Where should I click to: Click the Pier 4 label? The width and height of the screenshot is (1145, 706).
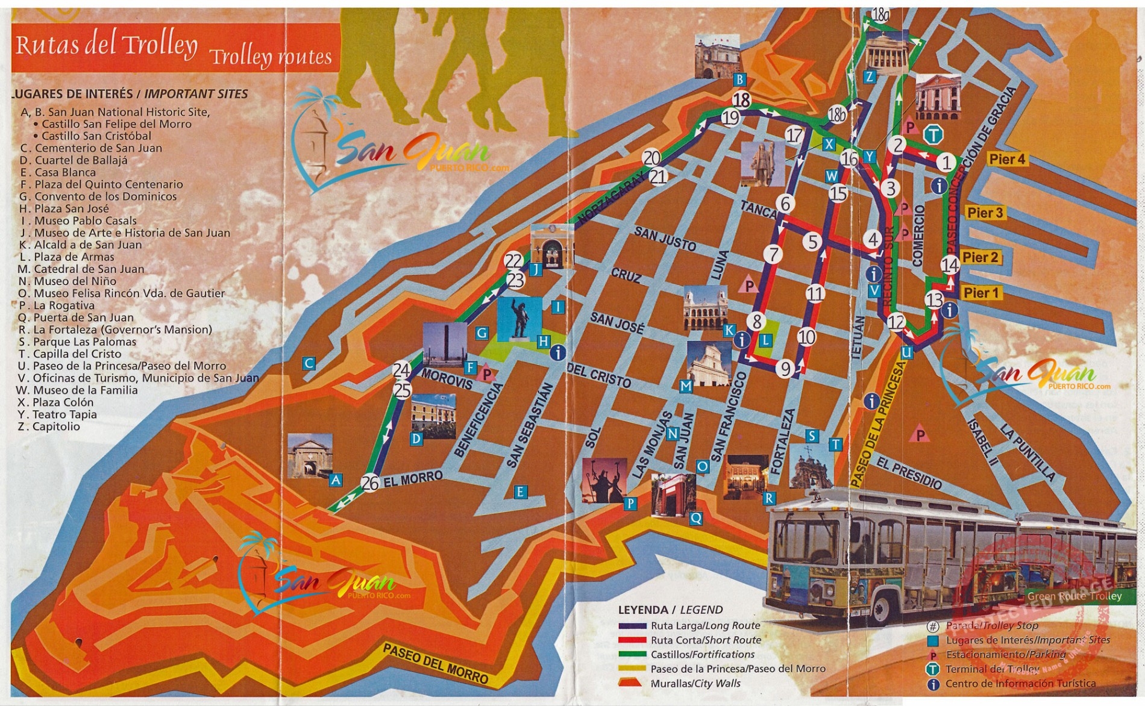(x=1006, y=160)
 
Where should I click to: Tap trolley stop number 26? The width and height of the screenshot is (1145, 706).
(x=370, y=483)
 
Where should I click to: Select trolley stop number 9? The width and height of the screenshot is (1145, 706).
(x=785, y=368)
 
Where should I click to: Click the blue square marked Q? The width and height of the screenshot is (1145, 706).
(x=695, y=518)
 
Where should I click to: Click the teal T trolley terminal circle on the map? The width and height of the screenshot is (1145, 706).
(x=933, y=135)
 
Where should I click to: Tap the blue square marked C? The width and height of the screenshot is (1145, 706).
(x=309, y=363)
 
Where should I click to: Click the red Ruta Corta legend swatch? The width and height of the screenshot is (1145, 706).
(x=632, y=640)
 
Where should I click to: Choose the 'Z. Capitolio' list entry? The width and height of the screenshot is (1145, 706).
(x=49, y=426)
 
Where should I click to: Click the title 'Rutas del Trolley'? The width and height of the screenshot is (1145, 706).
(x=107, y=45)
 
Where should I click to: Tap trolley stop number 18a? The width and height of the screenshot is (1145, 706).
(x=880, y=15)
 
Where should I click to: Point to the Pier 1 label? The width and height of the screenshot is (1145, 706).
(x=980, y=293)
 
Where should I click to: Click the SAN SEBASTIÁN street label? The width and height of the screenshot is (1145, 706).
(x=530, y=425)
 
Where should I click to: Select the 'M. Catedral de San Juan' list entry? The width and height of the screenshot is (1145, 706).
(x=81, y=269)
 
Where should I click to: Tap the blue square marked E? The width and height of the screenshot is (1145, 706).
(x=520, y=492)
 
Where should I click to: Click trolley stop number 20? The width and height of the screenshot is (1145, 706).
(x=651, y=158)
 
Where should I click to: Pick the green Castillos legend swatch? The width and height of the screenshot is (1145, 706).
(x=632, y=655)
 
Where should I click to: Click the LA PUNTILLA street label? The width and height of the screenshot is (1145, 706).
(x=1027, y=452)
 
